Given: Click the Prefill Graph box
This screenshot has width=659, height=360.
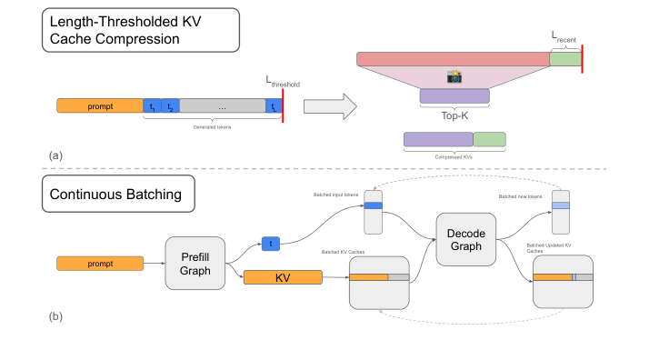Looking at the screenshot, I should [x=195, y=263].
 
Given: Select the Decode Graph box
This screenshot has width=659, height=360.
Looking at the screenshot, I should [x=465, y=239].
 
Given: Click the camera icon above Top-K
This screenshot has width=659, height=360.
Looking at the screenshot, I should [x=454, y=78].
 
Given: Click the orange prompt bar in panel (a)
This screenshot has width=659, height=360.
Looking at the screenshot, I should [x=99, y=106].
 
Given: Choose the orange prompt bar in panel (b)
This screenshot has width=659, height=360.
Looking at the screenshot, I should [x=99, y=264].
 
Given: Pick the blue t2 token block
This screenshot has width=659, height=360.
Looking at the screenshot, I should [x=170, y=106].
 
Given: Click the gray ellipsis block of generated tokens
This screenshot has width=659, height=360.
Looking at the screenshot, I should [x=222, y=106].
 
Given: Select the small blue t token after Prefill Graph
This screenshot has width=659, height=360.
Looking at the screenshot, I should [x=270, y=244].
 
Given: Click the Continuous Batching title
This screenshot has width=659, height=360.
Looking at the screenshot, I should [x=117, y=194].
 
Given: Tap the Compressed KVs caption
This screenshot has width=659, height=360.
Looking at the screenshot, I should [x=454, y=156].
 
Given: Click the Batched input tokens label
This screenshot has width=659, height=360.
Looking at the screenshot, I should [x=336, y=195].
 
